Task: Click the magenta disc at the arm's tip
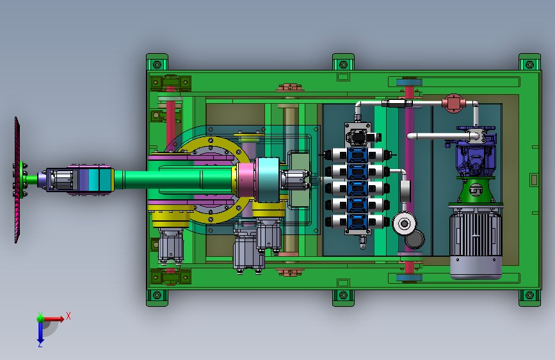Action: coord(17,180)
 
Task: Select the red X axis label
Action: coord(68,316)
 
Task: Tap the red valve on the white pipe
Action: coord(453,103)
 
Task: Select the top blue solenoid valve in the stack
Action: coord(357,155)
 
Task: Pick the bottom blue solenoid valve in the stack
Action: coord(357,222)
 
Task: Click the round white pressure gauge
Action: coord(404,224)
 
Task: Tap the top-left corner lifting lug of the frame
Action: coord(157,63)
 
